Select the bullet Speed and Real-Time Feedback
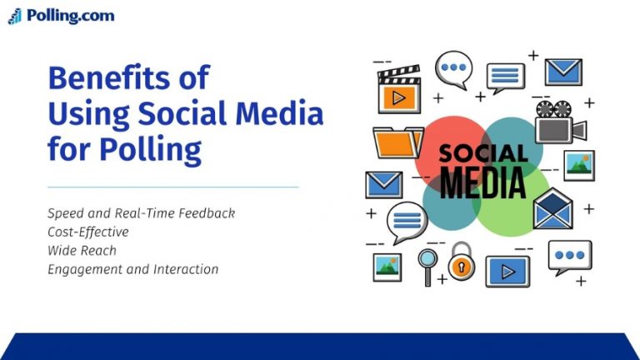coord(141,213)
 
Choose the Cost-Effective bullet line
coord(88,232)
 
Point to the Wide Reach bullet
coord(82,250)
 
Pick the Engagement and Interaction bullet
coord(132,269)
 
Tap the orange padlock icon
coord(460,262)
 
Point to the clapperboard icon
coord(399,90)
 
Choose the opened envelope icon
coord(553,210)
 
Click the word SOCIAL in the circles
coord(482,153)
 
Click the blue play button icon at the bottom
coord(507,270)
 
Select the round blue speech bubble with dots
coord(454,67)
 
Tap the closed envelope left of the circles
coord(383,184)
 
